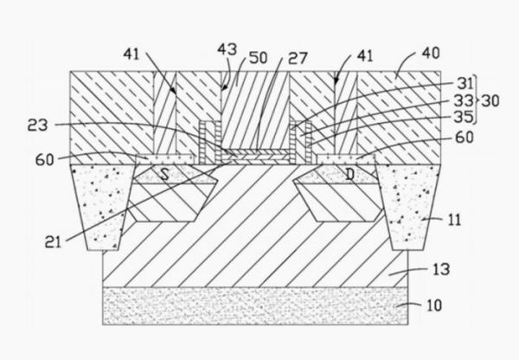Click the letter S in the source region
point(164,173)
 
